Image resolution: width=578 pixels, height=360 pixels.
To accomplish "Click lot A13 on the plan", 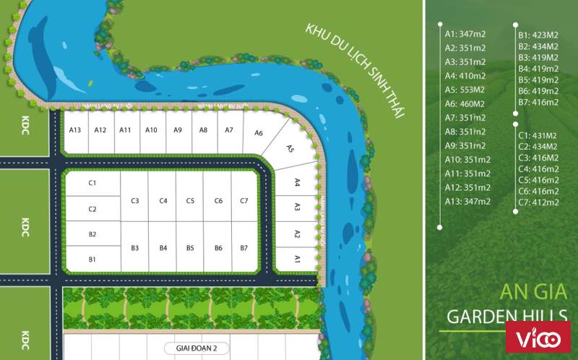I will pyautogui.click(x=75, y=130).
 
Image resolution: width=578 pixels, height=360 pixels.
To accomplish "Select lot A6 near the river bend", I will pyautogui.click(x=259, y=133).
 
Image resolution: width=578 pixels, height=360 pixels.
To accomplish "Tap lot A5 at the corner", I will pyautogui.click(x=290, y=149).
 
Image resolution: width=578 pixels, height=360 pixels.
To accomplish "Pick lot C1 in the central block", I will pyautogui.click(x=92, y=183).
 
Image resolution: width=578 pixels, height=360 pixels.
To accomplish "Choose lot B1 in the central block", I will pyautogui.click(x=92, y=259).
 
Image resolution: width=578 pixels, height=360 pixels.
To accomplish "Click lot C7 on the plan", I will pyautogui.click(x=244, y=200).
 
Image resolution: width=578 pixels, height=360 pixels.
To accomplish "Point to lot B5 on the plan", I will pyautogui.click(x=190, y=248).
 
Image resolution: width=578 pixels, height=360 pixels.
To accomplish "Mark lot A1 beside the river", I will pyautogui.click(x=297, y=258).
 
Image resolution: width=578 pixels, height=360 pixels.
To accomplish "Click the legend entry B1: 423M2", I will pyautogui.click(x=538, y=34).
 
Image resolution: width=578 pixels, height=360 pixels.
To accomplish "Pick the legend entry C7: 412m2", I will pyautogui.click(x=538, y=202).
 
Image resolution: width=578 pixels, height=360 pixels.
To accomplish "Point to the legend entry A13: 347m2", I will pyautogui.click(x=467, y=201).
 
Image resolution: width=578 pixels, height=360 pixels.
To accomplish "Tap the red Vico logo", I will pyautogui.click(x=538, y=338).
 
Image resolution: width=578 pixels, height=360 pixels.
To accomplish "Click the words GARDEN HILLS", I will pyautogui.click(x=506, y=315).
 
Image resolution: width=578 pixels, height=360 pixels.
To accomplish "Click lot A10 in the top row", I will pyautogui.click(x=151, y=130).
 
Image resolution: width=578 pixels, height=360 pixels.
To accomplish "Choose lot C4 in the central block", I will pyautogui.click(x=163, y=200).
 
